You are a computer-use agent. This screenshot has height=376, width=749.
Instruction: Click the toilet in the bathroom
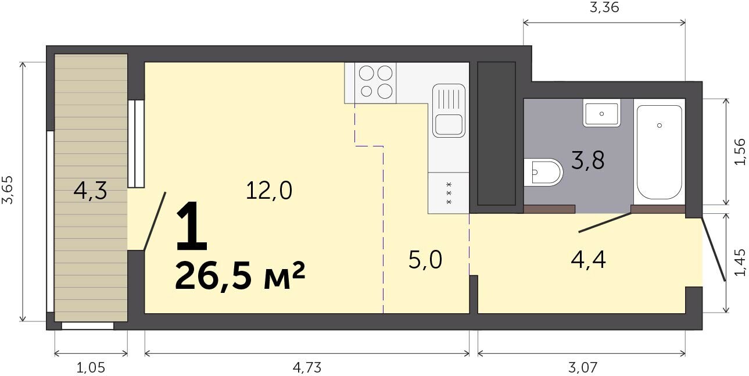[543, 172]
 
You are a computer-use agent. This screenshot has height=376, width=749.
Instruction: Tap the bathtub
[659, 152]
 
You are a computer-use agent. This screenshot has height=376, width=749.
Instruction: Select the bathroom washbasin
[601, 113]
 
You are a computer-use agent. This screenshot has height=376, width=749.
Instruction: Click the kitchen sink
[449, 111]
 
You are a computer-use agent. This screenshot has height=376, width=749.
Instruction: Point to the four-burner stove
[376, 83]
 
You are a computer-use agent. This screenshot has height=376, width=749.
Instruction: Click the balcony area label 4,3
[90, 191]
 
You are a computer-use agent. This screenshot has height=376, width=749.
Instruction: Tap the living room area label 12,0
[269, 190]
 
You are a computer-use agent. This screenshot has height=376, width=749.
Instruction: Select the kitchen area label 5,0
[425, 260]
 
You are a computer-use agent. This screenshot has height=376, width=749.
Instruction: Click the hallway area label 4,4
[589, 260]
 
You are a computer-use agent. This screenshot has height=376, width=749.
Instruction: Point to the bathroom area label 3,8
[588, 160]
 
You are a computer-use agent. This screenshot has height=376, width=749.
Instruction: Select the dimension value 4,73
[307, 368]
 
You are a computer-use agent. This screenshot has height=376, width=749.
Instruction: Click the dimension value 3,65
[8, 189]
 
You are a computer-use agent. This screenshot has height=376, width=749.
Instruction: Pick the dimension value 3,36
[604, 8]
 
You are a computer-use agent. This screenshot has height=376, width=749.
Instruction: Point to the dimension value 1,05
[91, 368]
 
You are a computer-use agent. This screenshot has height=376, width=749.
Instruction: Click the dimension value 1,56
[740, 152]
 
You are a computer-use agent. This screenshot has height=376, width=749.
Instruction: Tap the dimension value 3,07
[582, 368]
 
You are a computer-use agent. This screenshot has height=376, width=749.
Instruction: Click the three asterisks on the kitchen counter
[449, 194]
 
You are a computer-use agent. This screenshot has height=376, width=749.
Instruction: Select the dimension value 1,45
[740, 262]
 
